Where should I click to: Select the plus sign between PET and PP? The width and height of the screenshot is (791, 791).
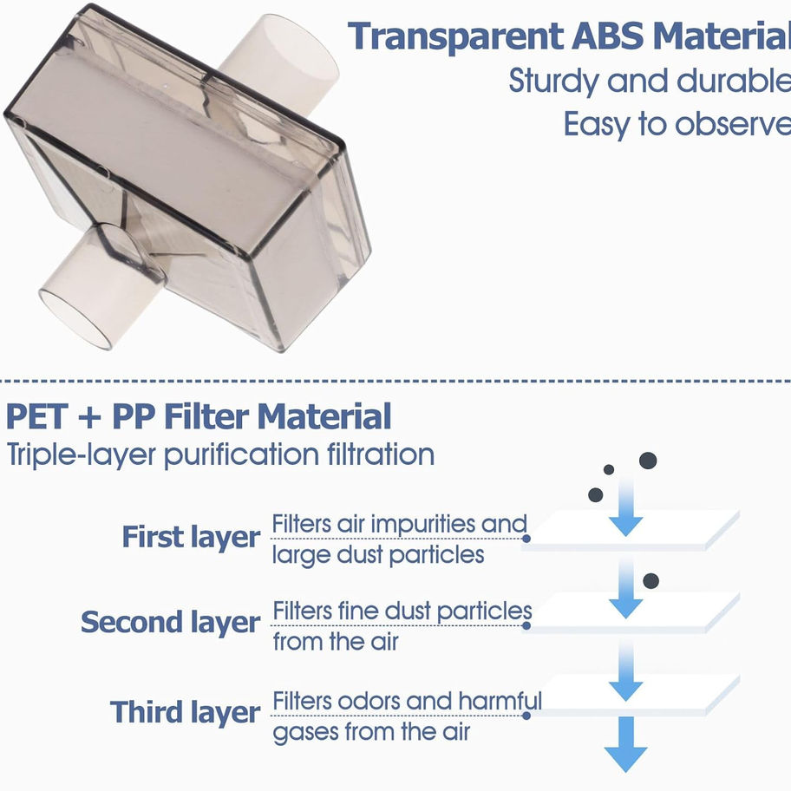[90, 418]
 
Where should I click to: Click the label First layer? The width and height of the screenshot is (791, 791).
[190, 537]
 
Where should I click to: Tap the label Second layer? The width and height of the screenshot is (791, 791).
[170, 622]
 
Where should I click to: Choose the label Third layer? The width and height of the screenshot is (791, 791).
[185, 712]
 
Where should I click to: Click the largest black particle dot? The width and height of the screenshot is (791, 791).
[648, 460]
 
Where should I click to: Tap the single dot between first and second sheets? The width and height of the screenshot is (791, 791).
[651, 580]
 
